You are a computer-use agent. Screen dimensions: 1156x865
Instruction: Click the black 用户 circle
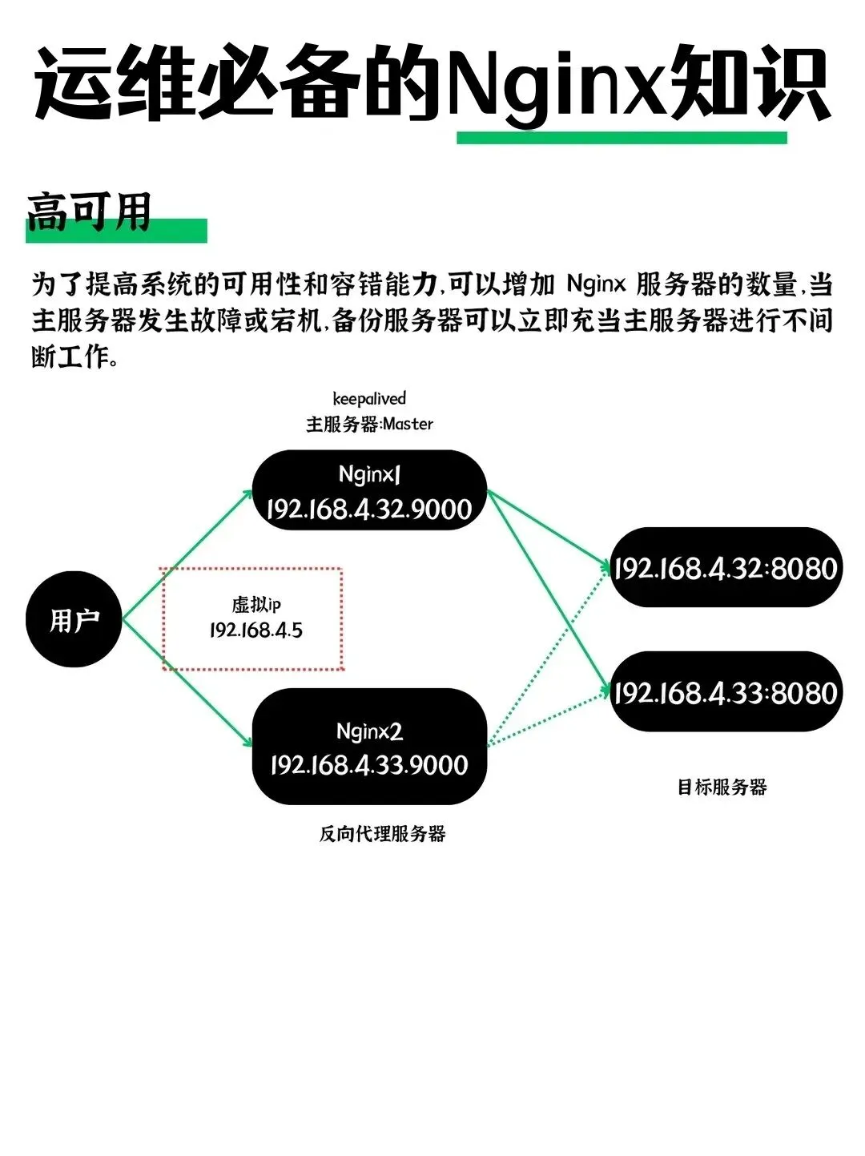[74, 619]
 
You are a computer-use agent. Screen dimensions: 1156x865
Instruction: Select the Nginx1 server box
[369, 490]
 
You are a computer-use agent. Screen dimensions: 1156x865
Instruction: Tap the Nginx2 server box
[369, 746]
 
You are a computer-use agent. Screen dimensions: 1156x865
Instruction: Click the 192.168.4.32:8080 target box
[726, 567]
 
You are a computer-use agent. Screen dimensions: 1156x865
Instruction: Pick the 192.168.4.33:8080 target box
[726, 691]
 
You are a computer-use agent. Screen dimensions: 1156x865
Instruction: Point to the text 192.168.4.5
[256, 630]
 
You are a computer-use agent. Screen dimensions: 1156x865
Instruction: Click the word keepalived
[369, 398]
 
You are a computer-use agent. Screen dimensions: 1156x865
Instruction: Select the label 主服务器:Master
[369, 424]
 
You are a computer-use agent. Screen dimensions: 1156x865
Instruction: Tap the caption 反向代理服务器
[382, 834]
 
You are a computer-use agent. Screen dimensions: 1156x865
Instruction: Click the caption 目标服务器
[722, 787]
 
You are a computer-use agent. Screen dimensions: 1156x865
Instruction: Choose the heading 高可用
[89, 212]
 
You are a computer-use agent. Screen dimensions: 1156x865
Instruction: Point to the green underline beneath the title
[622, 138]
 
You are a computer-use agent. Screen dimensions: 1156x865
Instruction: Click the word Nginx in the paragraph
[595, 284]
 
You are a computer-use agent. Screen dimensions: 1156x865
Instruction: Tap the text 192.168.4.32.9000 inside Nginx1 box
[369, 510]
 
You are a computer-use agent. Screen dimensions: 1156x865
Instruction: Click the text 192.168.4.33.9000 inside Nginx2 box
[369, 764]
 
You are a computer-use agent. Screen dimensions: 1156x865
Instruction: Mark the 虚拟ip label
[256, 604]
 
